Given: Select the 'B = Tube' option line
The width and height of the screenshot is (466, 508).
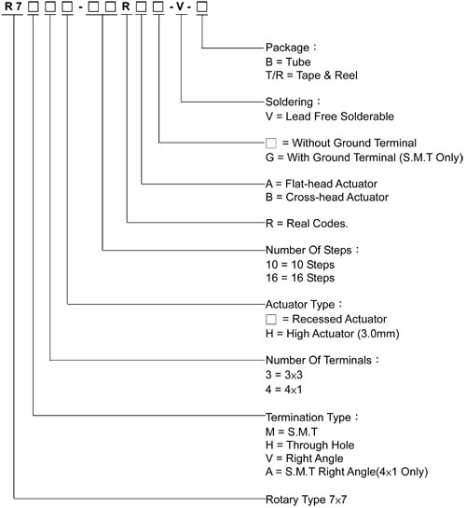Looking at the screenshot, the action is click(x=288, y=62).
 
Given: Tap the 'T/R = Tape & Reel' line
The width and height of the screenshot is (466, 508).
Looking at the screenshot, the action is click(x=311, y=76).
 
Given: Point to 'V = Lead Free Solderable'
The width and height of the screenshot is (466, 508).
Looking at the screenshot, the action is click(x=330, y=116).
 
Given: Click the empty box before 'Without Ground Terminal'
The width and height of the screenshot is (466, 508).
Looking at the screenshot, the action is click(x=271, y=143).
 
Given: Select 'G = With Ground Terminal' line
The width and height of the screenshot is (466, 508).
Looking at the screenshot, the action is click(x=364, y=158).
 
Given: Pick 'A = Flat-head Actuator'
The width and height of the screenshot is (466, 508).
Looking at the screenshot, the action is click(x=322, y=184).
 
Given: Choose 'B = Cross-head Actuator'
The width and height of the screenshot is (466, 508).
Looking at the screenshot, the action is click(x=327, y=197).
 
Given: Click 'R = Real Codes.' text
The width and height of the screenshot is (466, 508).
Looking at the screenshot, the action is click(x=307, y=223).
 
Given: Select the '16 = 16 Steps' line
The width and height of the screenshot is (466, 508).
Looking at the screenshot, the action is click(x=300, y=278).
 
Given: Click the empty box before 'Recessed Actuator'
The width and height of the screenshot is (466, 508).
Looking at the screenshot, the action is click(x=271, y=319).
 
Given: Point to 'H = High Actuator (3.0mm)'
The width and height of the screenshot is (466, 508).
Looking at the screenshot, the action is click(x=332, y=334).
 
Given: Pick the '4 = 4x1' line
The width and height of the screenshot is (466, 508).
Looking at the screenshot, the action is click(x=283, y=389).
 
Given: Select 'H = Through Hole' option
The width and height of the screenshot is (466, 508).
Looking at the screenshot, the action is click(x=310, y=446).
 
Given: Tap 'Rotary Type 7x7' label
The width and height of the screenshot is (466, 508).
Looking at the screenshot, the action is click(x=306, y=500).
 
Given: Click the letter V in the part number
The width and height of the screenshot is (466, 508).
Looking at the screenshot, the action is click(x=180, y=7).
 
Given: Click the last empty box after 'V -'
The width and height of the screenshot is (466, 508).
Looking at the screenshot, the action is click(x=202, y=7).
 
